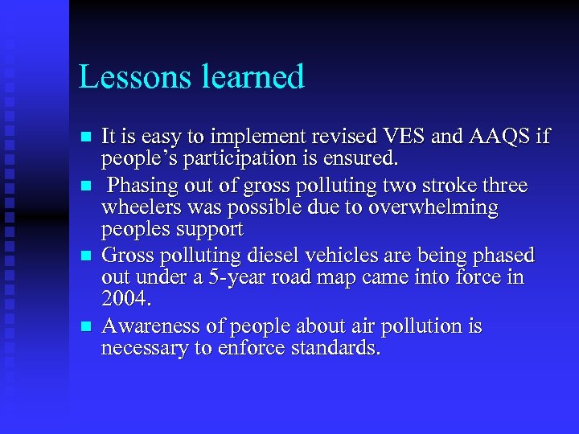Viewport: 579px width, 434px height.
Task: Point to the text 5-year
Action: [237, 277]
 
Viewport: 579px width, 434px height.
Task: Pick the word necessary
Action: [140, 349]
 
